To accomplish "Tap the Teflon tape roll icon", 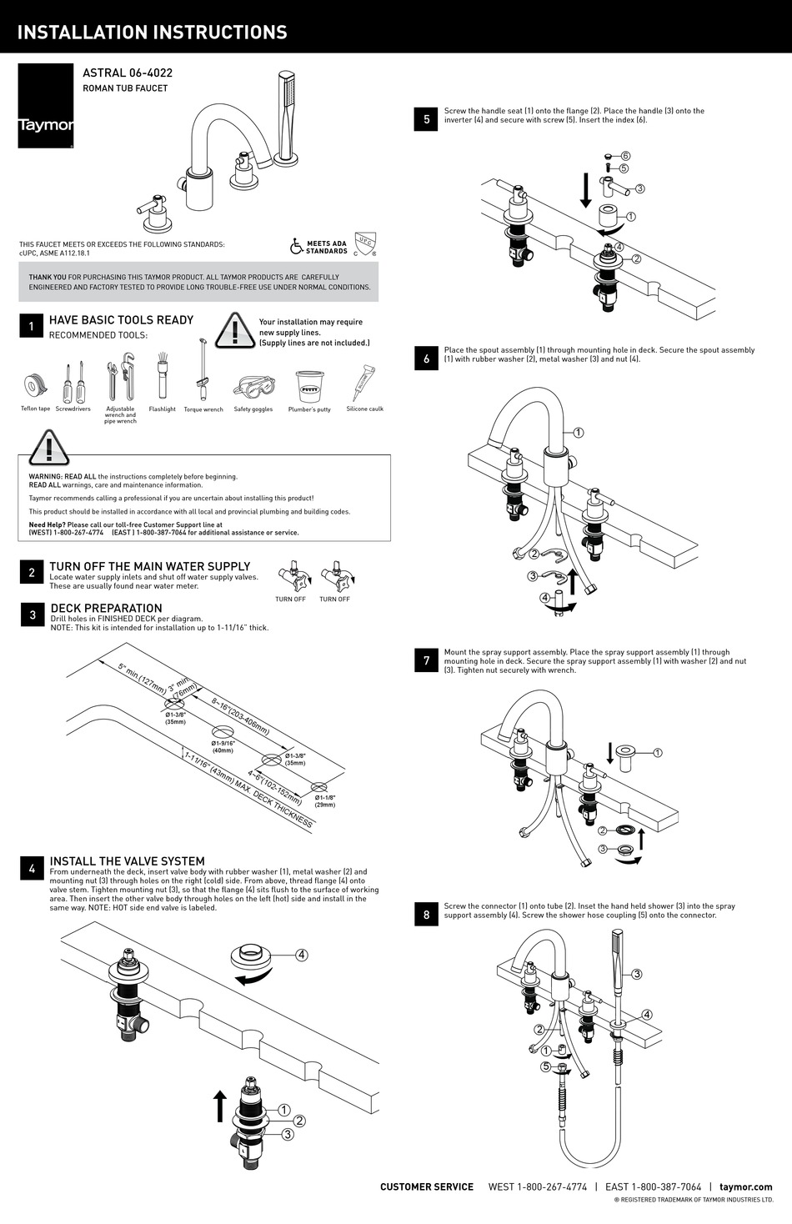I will point(35,386).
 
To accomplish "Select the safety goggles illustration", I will point(253,389).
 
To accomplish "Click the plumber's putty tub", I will point(309,387).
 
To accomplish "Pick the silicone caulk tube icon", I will point(364,384).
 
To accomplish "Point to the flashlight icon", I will point(163,377).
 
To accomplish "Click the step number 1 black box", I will point(32,326).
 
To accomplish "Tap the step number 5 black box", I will point(426,119).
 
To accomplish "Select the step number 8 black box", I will point(426,915).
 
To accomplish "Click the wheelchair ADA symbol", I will point(296,247).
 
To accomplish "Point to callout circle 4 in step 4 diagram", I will point(301,956).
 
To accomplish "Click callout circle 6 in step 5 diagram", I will point(625,156).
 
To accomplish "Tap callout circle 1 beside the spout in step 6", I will point(579,433).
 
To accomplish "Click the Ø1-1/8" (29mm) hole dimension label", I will point(325,801).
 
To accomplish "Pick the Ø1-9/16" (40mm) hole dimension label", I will point(223,746).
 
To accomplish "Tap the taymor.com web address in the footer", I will point(745,1186).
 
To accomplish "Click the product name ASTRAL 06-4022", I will point(128,73).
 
